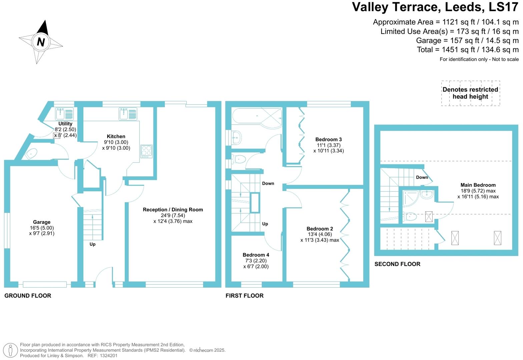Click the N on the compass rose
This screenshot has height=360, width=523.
click(x=41, y=42)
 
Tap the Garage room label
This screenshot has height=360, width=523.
click(x=42, y=222)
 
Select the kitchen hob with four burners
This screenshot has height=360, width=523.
click(x=146, y=151)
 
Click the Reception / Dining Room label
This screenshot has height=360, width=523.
click(x=173, y=210)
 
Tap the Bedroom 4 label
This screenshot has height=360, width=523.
click(x=256, y=255)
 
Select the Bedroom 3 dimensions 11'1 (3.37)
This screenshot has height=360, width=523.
click(x=329, y=145)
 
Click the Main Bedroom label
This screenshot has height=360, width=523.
click(x=478, y=185)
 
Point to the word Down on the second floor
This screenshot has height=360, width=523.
click(x=422, y=177)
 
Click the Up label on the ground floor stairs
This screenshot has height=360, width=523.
click(x=92, y=244)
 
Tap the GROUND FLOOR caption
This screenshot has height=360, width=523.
click(x=28, y=296)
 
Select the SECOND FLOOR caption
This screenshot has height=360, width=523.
click(x=397, y=264)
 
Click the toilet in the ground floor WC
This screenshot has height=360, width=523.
click(x=31, y=154)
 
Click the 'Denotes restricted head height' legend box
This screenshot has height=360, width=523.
click(x=470, y=93)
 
